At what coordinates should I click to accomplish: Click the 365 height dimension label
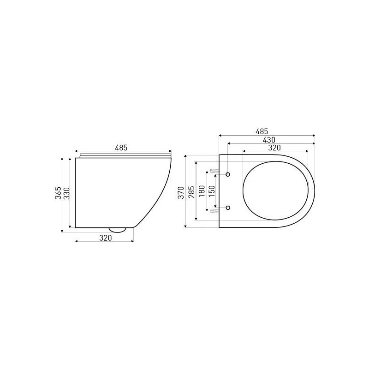(58, 193)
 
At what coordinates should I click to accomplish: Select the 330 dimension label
(67, 193)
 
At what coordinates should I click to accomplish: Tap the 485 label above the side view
(121, 148)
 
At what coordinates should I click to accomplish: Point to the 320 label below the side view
(105, 238)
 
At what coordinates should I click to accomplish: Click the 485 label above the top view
(262, 131)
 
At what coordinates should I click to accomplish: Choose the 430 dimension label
(269, 140)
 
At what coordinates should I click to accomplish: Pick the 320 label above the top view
(274, 148)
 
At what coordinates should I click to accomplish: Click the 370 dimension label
(181, 192)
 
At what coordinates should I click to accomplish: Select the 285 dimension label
(191, 192)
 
